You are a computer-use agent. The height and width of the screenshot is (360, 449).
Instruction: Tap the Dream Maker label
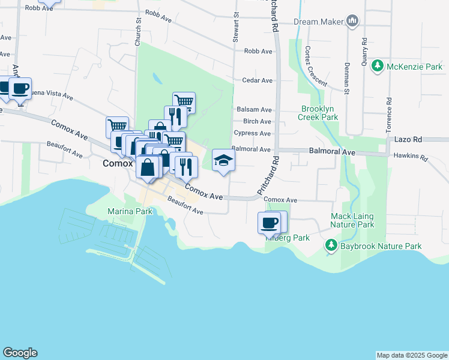pos(318,22)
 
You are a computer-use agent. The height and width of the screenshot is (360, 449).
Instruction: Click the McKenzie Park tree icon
pos(378,65)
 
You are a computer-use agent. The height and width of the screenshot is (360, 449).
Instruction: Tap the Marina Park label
pos(128,211)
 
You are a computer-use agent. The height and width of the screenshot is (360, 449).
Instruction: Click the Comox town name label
pos(117,163)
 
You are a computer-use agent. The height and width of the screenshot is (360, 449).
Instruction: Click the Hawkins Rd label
pos(411,158)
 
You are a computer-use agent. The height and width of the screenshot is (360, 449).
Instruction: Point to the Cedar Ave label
pos(257,80)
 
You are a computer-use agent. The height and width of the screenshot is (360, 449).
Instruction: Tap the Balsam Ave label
pos(254,110)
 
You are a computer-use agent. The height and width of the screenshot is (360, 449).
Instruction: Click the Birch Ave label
pos(258,121)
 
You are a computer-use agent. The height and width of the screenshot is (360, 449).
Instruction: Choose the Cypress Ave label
pos(252,133)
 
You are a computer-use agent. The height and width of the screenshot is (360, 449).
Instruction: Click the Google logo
pos(20,353)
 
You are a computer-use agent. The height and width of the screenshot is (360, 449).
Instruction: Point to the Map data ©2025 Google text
pos(412,355)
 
